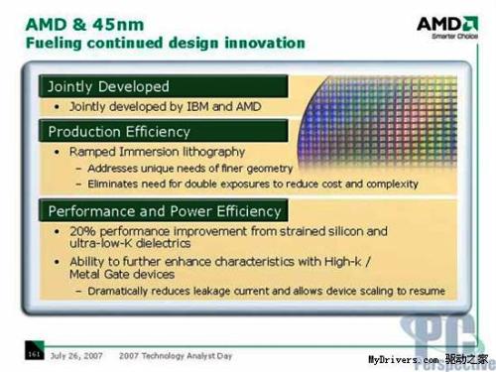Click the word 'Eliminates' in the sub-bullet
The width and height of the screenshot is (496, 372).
click(x=118, y=183)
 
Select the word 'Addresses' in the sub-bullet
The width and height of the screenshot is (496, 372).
click(x=117, y=168)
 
